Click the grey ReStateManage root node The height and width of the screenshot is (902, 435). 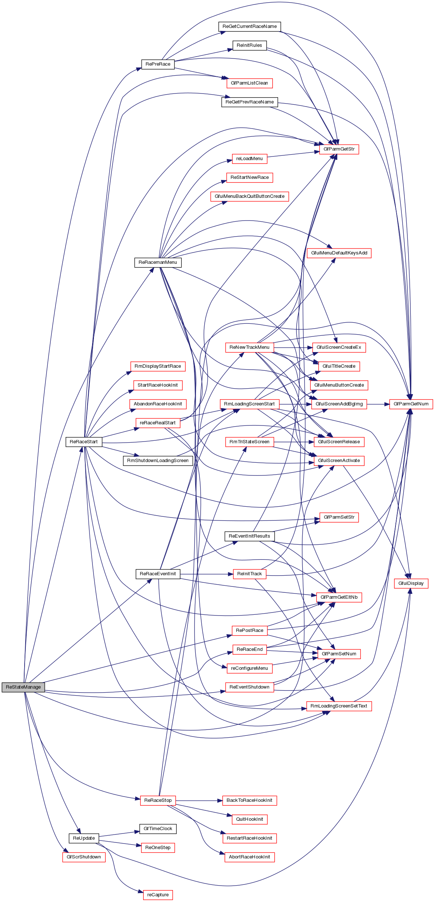23,687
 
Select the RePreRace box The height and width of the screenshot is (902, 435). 158,64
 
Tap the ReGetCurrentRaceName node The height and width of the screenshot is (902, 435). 249,26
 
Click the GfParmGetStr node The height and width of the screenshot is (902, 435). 339,149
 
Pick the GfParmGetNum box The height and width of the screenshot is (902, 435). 411,404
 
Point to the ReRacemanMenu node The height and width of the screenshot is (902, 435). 158,262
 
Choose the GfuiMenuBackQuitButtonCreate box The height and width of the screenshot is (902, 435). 249,196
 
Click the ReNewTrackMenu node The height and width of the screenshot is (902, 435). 249,347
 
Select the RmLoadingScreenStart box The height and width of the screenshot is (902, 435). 249,404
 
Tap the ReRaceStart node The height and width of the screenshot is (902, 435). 83,442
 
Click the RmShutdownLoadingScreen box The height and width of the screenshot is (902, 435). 158,461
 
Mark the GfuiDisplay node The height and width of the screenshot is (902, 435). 411,583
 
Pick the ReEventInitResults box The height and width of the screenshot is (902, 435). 249,536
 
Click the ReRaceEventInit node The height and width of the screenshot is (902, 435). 158,574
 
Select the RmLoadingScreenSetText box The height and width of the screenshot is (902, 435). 339,706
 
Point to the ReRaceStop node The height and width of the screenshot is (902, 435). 158,800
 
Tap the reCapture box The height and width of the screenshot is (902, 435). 158,895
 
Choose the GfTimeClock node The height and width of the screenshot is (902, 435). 158,829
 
